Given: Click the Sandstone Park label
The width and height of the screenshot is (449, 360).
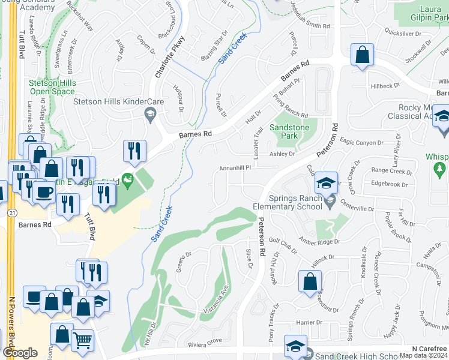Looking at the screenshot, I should pyautogui.click(x=283, y=132).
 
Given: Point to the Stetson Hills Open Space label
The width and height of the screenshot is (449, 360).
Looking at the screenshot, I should pyautogui.click(x=52, y=87).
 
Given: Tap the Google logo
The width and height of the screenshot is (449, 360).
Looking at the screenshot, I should pyautogui.click(x=20, y=353).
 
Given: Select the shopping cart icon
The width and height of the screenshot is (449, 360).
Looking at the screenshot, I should pyautogui.click(x=83, y=340).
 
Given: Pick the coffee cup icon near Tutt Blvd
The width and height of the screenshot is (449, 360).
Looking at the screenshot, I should pyautogui.click(x=43, y=191).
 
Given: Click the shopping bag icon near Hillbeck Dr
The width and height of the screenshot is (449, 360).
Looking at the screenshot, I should pyautogui.click(x=363, y=55).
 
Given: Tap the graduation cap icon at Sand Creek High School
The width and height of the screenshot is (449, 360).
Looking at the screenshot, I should pyautogui.click(x=296, y=346).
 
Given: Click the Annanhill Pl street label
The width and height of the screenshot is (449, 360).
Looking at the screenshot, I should pyautogui.click(x=238, y=169).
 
